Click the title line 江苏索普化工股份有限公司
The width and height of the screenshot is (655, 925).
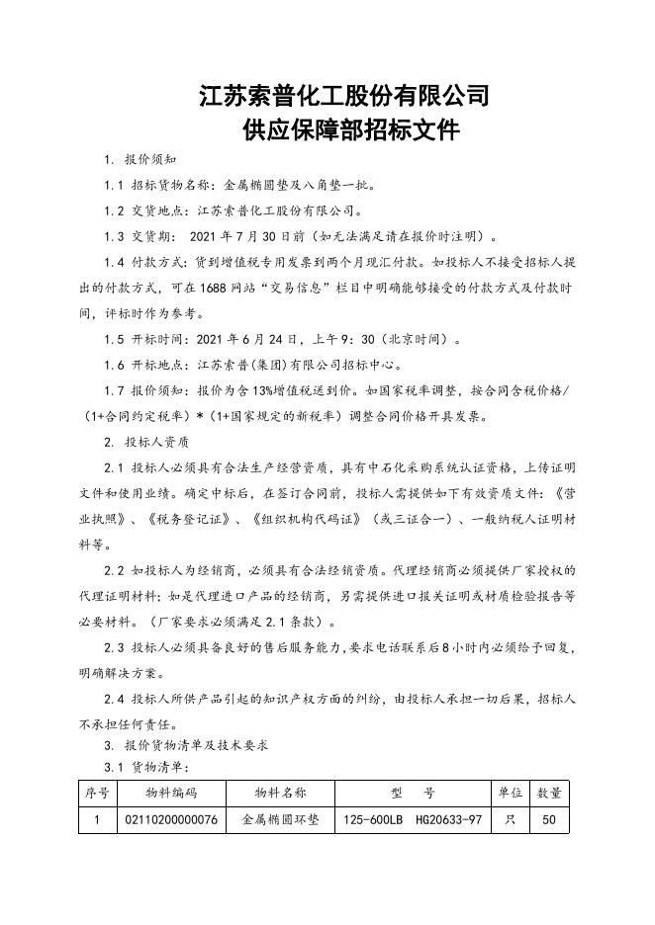[344, 96]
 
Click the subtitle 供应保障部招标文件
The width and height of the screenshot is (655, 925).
[344, 129]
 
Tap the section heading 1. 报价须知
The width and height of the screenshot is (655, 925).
[140, 160]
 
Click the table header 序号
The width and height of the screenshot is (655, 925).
[97, 793]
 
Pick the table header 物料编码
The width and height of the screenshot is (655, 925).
[171, 793]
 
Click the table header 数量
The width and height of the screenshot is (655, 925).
[550, 793]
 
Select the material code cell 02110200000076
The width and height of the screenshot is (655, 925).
[171, 820]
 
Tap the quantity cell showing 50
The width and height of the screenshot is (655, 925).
[550, 820]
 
